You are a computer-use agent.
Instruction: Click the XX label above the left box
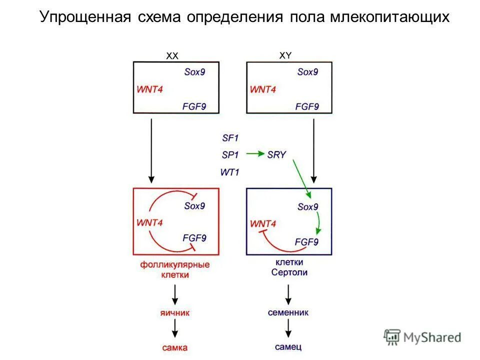[171, 56]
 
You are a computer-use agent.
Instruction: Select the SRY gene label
[276, 154]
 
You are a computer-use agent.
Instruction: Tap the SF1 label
[230, 136]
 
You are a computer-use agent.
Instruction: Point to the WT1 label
[230, 172]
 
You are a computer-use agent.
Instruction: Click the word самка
[175, 346]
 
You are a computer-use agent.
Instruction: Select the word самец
[288, 346]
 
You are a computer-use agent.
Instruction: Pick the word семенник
[288, 312]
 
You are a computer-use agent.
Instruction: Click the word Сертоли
[289, 272]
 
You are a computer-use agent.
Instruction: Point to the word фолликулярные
[174, 264]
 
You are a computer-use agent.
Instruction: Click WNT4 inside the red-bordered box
[149, 221]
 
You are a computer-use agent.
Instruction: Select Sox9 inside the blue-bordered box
[307, 206]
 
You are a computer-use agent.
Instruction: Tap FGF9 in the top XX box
[194, 106]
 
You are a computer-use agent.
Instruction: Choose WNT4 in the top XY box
[262, 89]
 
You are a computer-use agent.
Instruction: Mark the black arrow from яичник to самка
[175, 328]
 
